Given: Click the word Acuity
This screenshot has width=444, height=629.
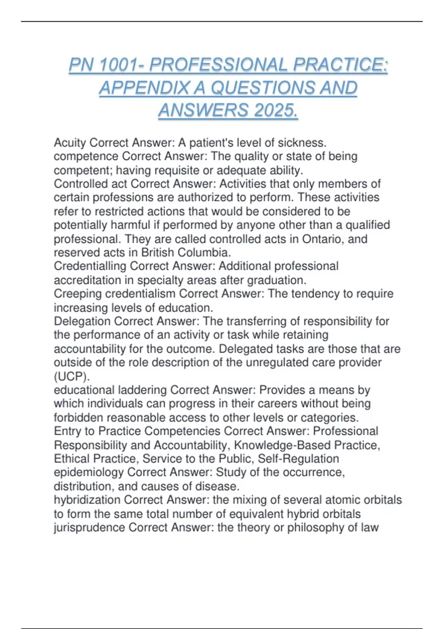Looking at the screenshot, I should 70,142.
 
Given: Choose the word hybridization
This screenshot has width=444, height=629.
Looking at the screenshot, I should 87,500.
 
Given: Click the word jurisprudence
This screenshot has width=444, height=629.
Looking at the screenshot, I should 89,528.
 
